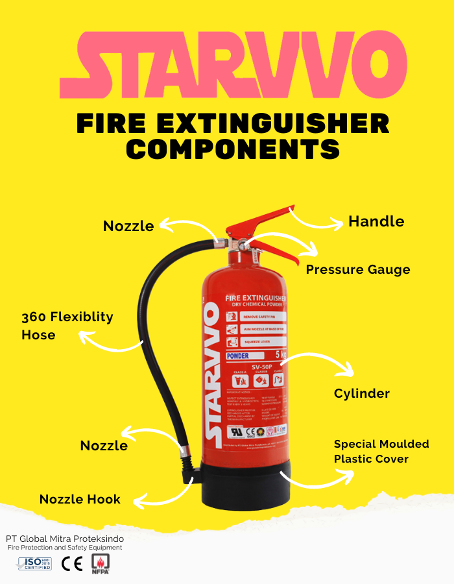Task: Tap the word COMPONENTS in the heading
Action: (x=233, y=148)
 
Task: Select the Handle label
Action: (x=376, y=221)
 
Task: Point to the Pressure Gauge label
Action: (x=358, y=269)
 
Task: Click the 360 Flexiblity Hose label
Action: (x=67, y=326)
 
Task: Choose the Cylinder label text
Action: (x=362, y=393)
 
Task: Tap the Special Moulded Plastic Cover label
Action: (x=381, y=452)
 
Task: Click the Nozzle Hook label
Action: (x=80, y=499)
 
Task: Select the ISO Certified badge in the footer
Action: (x=34, y=563)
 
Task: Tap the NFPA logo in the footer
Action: (x=101, y=563)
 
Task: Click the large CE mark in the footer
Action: (x=71, y=563)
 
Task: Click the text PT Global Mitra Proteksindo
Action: (x=65, y=539)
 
